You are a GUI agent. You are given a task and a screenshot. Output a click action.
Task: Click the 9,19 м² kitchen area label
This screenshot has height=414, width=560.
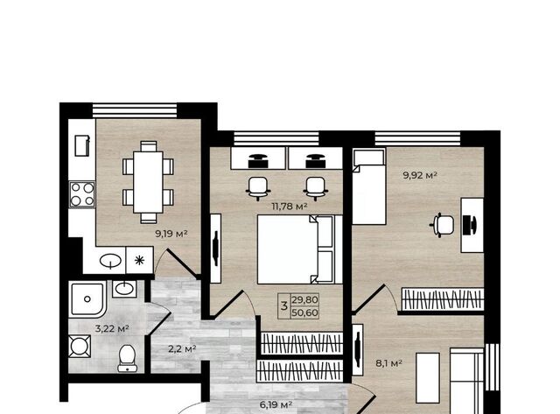click(x=171, y=234)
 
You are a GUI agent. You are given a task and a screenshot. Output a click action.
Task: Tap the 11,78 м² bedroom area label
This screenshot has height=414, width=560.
click(x=290, y=207)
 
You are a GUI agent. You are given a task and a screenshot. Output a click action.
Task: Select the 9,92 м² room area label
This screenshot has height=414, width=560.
click(x=420, y=175)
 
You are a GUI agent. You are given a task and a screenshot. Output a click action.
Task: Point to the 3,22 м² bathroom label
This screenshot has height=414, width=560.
click(x=112, y=328)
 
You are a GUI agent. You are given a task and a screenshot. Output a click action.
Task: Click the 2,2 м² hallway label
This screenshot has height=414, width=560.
click(x=182, y=348)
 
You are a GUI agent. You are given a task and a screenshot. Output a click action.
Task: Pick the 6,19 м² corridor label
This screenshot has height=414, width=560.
click(x=276, y=404)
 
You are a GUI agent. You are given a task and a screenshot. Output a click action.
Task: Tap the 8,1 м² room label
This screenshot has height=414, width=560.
click(x=388, y=363)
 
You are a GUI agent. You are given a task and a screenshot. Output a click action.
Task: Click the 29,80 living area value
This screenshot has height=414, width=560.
click(x=304, y=300)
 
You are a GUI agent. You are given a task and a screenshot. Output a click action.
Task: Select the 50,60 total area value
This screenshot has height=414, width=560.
click(x=304, y=313)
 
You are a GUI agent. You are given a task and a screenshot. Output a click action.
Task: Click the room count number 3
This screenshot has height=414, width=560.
click(x=284, y=306)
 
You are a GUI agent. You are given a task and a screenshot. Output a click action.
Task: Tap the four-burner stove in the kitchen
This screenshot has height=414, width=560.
click(x=82, y=194)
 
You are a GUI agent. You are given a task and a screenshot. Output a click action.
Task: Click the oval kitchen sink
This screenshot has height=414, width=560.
click(x=110, y=261)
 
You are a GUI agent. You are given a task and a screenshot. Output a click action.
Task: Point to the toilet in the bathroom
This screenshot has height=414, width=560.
click(x=126, y=358)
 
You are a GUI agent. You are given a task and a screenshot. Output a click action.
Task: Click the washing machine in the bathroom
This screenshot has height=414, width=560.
click(x=80, y=346)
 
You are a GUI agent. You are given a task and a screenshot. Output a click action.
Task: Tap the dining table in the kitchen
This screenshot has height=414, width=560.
click(x=148, y=182)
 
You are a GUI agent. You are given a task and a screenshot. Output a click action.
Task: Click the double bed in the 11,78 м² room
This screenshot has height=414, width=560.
click(x=299, y=249)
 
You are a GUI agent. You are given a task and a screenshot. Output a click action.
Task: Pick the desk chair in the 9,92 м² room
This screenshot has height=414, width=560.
click(x=443, y=225)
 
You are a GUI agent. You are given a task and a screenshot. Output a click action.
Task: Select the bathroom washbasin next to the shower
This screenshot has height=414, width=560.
click(x=124, y=289)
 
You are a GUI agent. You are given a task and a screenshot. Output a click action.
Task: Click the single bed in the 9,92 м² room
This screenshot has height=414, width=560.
click(x=369, y=186)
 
